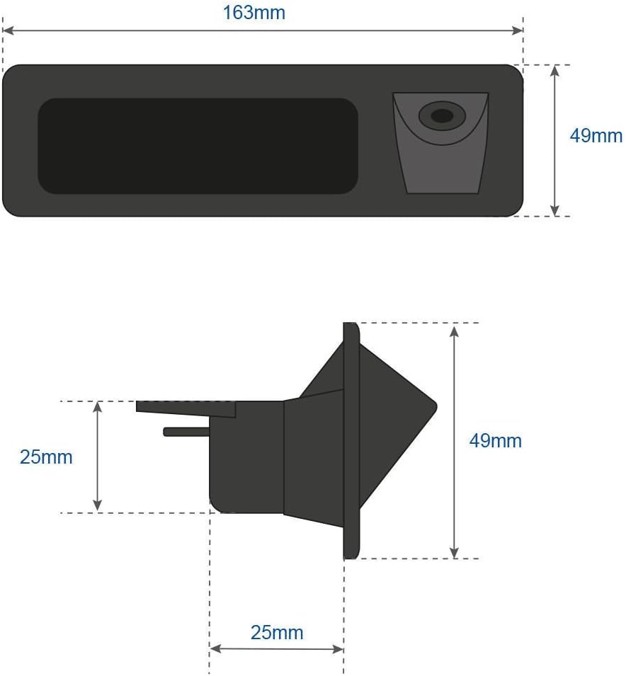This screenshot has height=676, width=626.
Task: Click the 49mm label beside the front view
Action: (x=596, y=136)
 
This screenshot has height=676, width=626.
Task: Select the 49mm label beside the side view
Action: (x=495, y=441)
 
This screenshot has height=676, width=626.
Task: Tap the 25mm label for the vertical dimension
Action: (x=46, y=457)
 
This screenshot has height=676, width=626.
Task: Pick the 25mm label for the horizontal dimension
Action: (x=277, y=632)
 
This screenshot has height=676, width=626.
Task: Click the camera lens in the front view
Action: (x=442, y=115)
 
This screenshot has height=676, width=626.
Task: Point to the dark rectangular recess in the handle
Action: (x=198, y=146)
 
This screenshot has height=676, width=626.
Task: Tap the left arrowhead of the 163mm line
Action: (x=7, y=30)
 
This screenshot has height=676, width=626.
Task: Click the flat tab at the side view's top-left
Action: (x=184, y=408)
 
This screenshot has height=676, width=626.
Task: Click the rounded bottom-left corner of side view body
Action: (x=217, y=504)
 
